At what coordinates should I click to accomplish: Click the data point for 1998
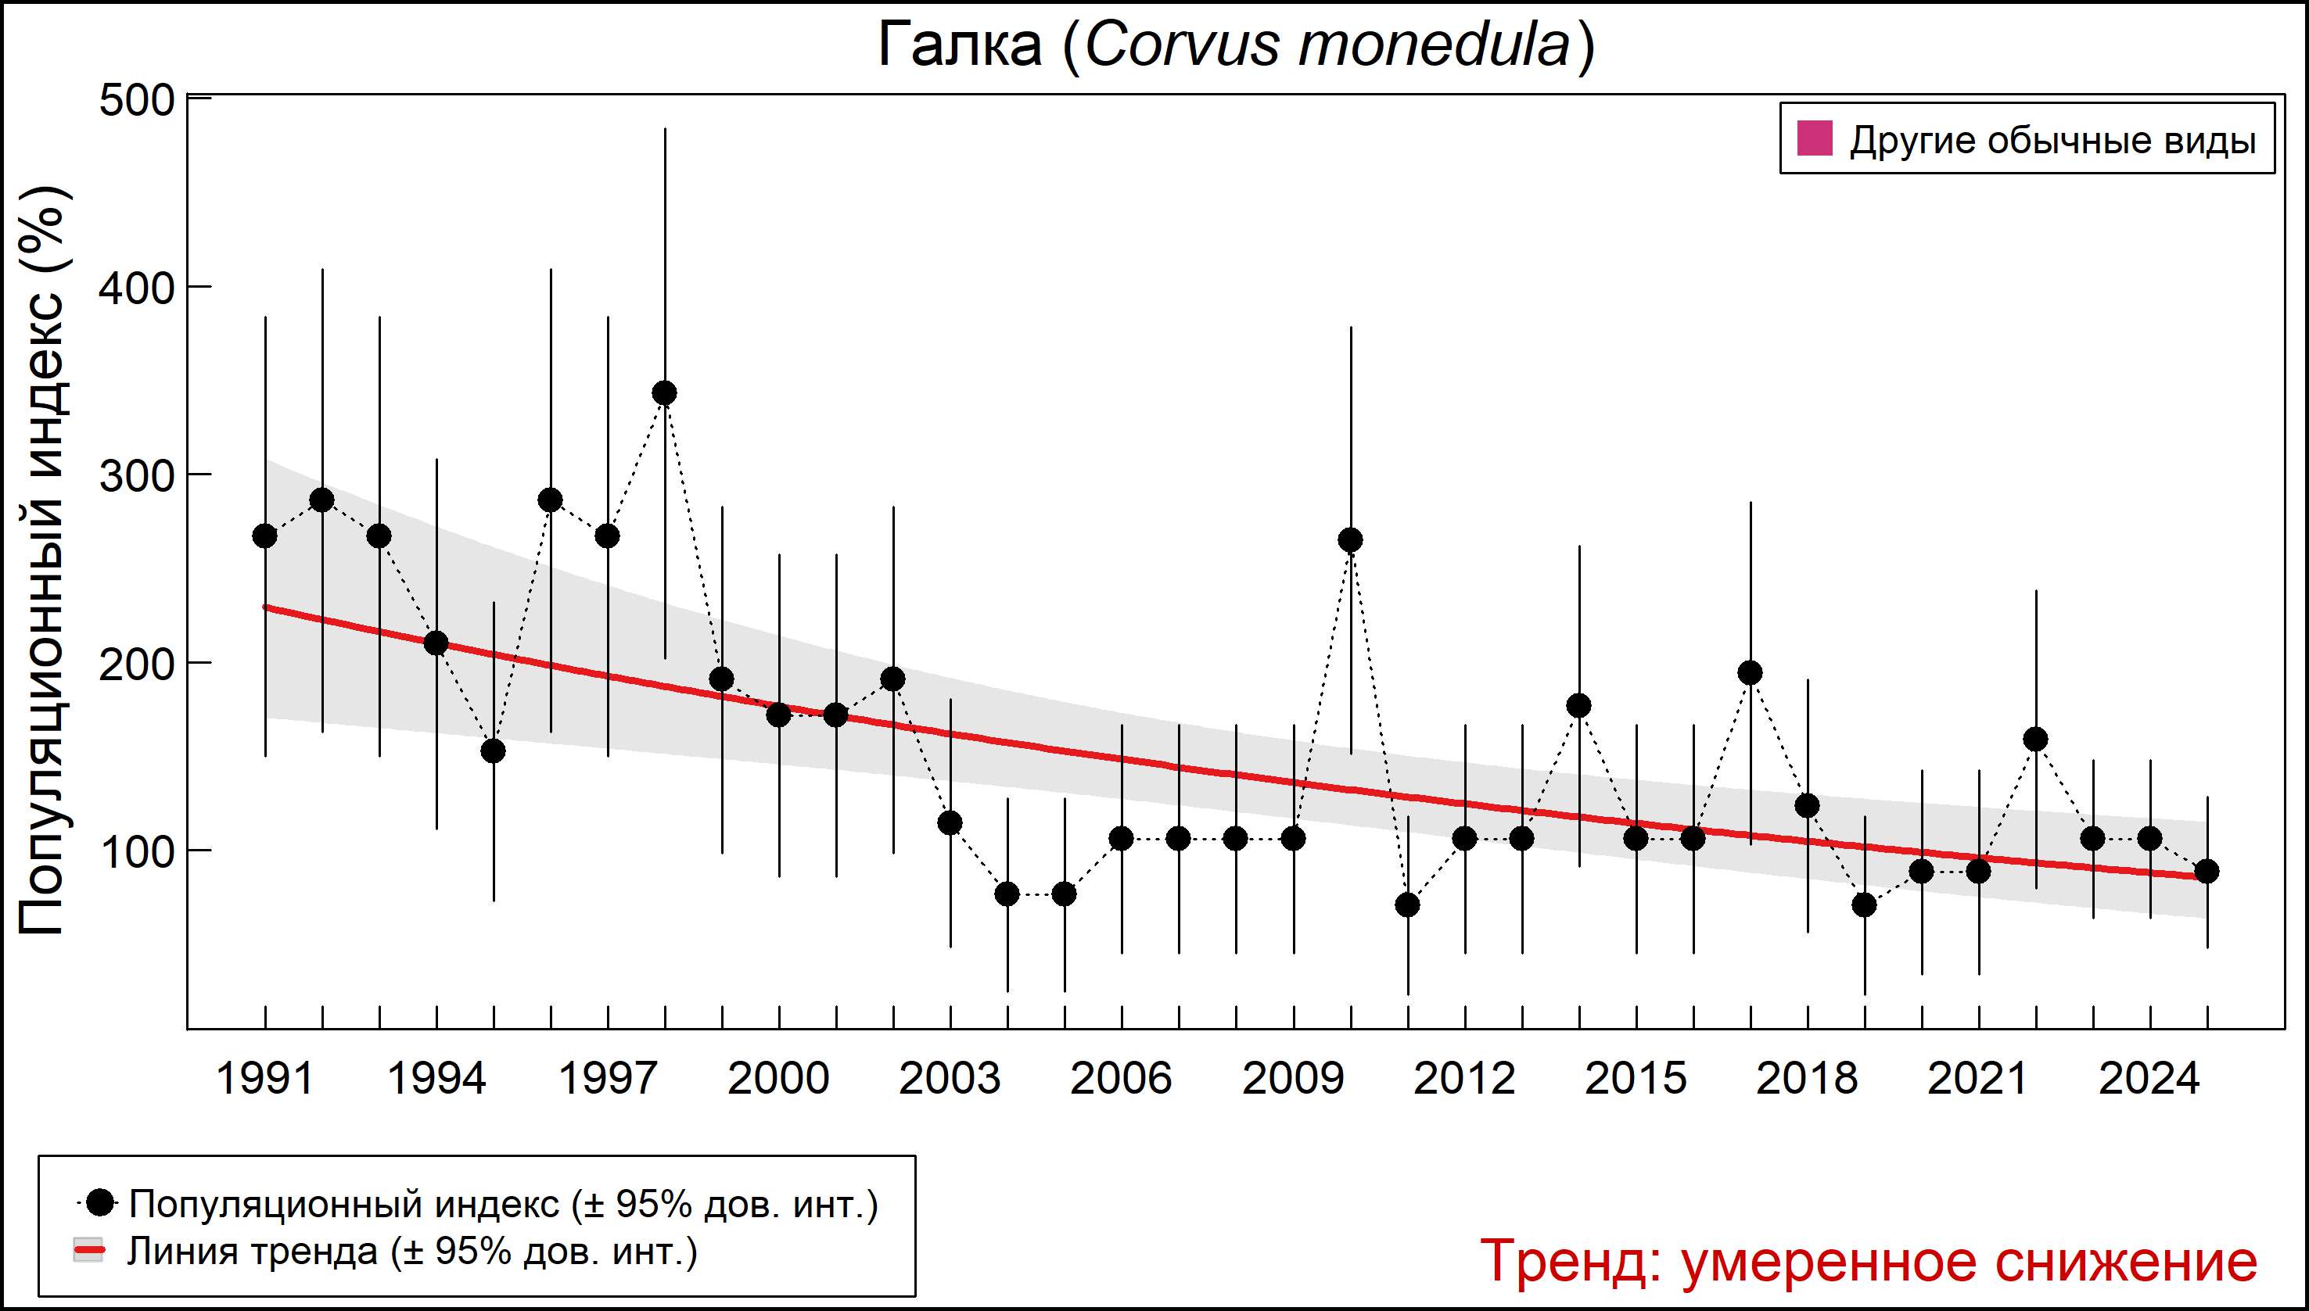pyautogui.click(x=665, y=393)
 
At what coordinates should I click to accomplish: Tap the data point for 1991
pyautogui.click(x=265, y=536)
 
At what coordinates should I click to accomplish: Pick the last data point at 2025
pyautogui.click(x=2207, y=872)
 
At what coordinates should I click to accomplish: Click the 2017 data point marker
pyautogui.click(x=1751, y=672)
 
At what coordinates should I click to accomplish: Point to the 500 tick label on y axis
pyautogui.click(x=136, y=101)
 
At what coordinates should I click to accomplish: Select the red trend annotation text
pyautogui.click(x=1869, y=1260)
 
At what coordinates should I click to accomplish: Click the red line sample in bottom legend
pyautogui.click(x=89, y=1251)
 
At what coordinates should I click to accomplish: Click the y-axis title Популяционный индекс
pyautogui.click(x=43, y=560)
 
